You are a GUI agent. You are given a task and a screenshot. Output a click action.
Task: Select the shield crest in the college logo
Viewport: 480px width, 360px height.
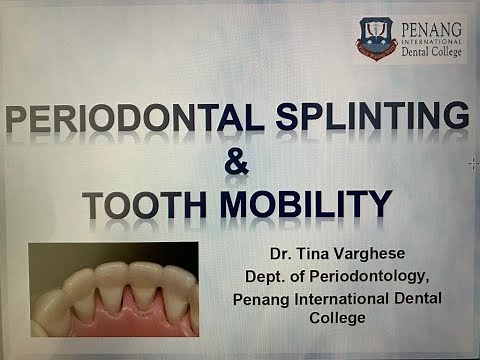378,39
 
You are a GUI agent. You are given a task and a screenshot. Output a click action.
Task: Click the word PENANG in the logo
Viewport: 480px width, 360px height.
432,29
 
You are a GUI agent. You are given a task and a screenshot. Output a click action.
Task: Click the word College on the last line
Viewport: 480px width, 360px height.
337,319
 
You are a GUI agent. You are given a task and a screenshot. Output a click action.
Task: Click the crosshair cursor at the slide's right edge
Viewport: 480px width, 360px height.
472,162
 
